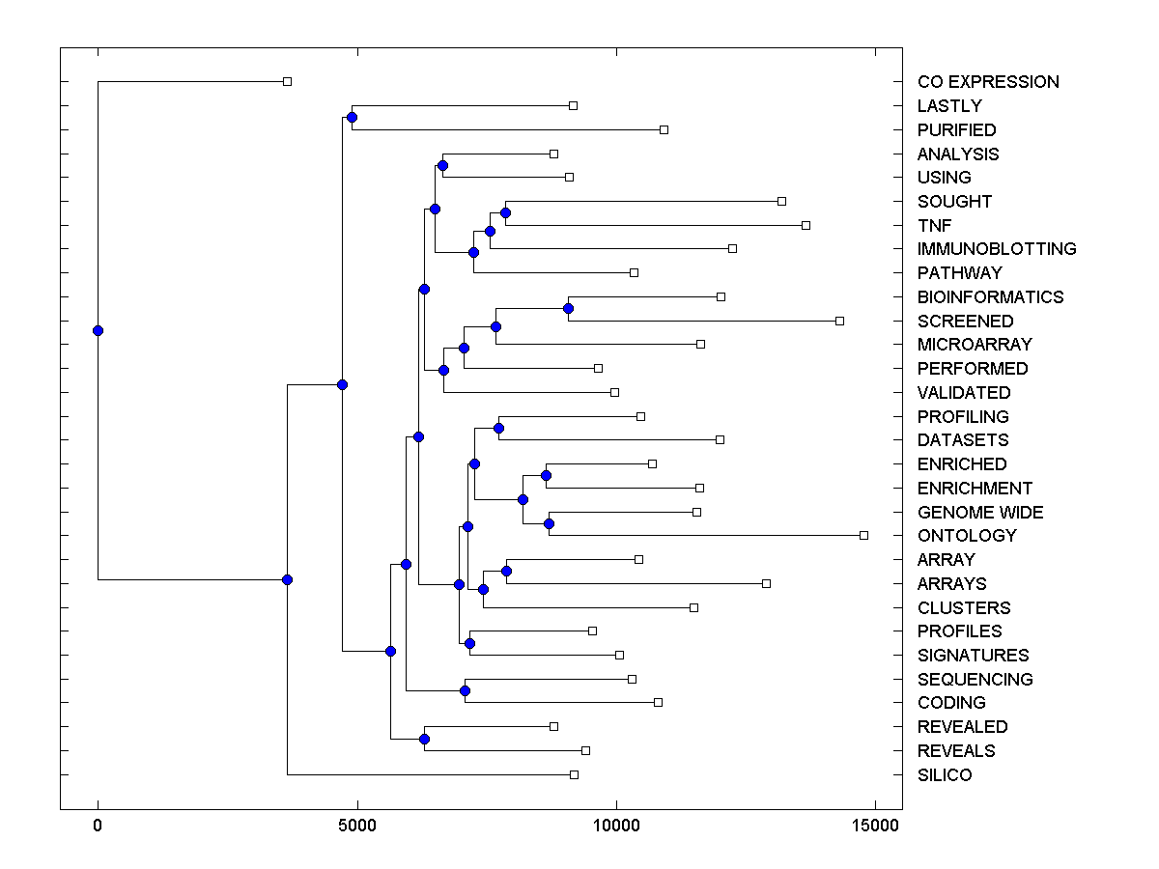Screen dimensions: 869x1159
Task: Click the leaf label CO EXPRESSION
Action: (x=988, y=82)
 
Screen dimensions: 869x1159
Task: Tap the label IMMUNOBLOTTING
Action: (x=997, y=249)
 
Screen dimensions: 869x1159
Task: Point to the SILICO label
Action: (x=945, y=775)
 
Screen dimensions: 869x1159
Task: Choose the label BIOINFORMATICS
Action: (x=990, y=297)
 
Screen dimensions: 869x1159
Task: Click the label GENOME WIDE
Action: (x=980, y=513)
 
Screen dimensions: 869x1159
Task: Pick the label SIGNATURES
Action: (x=974, y=656)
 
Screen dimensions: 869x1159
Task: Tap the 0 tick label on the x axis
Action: (x=98, y=826)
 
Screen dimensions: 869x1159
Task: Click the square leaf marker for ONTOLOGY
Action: (x=863, y=535)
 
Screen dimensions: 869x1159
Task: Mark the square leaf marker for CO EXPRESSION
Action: (x=287, y=81)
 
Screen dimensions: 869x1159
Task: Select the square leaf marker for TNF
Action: (x=806, y=225)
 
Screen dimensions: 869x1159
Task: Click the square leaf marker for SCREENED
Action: (x=839, y=321)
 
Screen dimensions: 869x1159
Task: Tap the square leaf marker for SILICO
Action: (x=574, y=774)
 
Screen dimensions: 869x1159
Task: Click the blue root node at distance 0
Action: (x=98, y=330)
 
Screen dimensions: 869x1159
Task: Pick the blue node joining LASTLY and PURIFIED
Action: (x=352, y=117)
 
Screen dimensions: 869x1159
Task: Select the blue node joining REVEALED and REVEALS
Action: (x=424, y=739)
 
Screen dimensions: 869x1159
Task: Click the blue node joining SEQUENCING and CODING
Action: (x=465, y=690)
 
